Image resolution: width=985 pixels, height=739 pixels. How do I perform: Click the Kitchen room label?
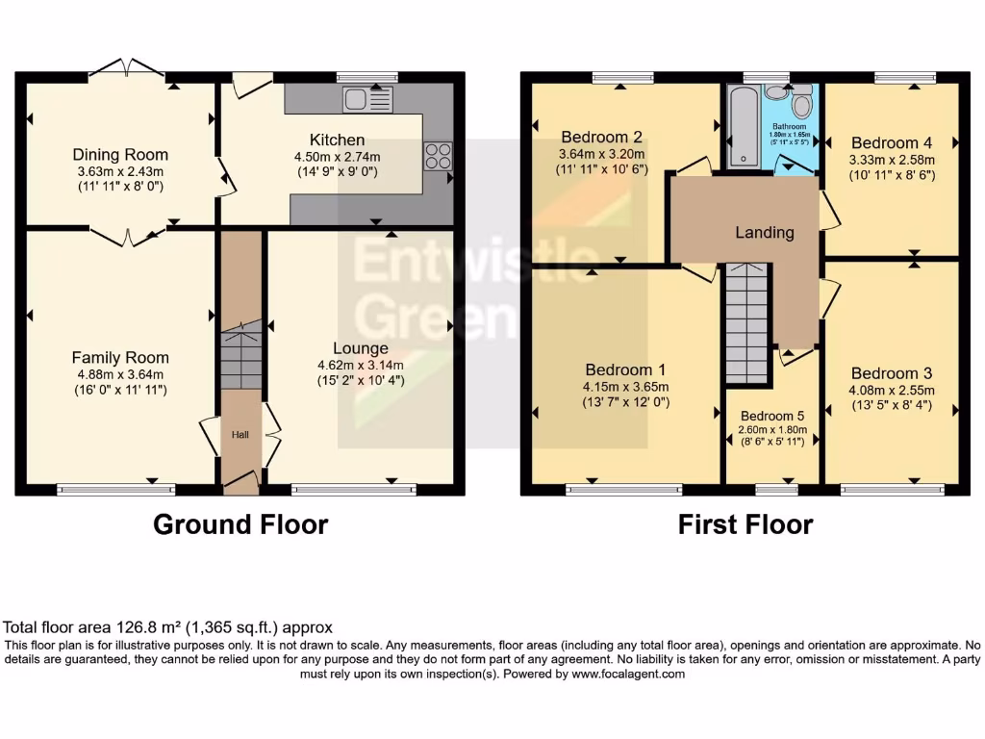coord(337,140)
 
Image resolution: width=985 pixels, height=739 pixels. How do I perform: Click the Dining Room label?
coord(120,154)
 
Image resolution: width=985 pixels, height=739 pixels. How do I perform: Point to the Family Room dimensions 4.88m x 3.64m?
coord(120,374)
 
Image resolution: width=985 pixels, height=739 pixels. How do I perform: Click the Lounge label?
coord(361,348)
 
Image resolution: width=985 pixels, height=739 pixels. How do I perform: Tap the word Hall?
coord(240,435)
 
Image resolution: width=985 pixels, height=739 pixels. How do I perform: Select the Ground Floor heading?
coord(240,524)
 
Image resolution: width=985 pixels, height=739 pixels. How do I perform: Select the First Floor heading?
coord(745,524)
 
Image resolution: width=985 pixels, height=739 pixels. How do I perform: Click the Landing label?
coord(765,232)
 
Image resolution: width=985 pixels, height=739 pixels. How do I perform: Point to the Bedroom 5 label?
coord(771,416)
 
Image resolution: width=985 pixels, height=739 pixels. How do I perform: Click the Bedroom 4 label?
coord(892,143)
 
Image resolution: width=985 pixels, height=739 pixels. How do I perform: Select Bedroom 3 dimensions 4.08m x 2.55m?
coord(892,390)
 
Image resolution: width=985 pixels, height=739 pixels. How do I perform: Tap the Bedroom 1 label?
coord(625,369)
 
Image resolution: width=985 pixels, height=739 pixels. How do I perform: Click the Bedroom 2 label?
coord(601,137)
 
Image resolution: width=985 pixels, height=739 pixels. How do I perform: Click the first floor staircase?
coord(747,323)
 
